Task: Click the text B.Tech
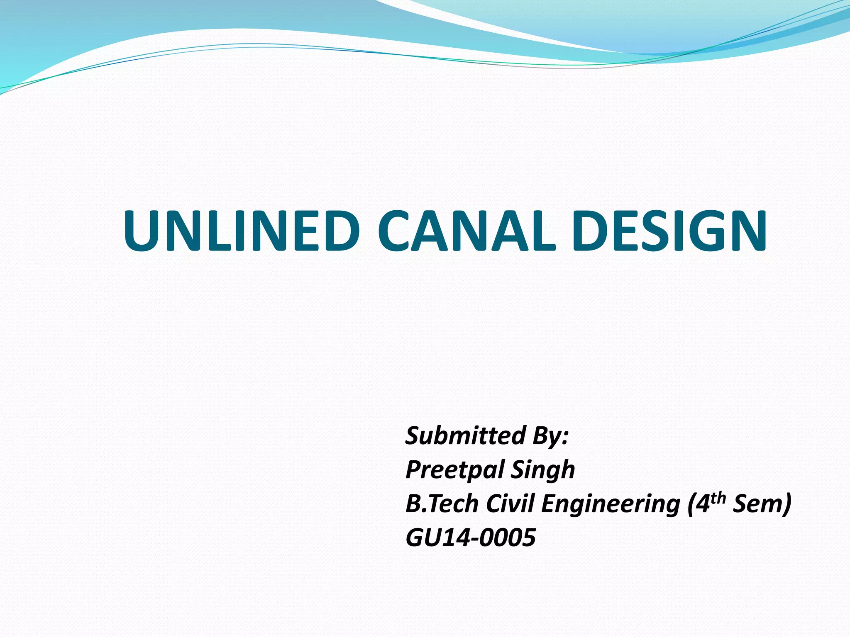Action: tap(442, 504)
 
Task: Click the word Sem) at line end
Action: tap(762, 504)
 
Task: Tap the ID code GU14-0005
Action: tap(471, 538)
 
